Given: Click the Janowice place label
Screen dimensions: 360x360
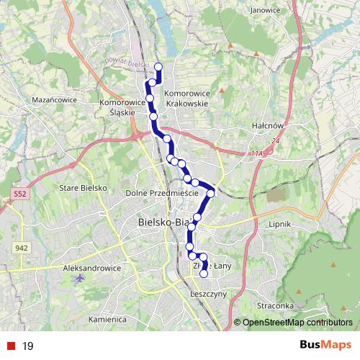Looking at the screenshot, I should [265, 11].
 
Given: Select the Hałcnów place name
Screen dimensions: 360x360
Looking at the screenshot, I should [270, 124].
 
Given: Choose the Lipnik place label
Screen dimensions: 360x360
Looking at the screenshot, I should [278, 224].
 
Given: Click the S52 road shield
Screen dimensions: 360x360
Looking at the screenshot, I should [19, 194].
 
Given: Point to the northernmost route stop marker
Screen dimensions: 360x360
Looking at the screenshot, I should [158, 68].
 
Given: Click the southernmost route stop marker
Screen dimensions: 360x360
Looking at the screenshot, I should [204, 274].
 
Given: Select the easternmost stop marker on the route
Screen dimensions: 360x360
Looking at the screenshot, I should [211, 193].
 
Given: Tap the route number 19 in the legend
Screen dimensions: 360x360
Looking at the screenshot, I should [28, 346].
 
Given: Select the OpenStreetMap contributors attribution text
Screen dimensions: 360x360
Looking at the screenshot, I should [295, 323].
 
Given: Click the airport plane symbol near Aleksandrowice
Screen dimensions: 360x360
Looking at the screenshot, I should [78, 276].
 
